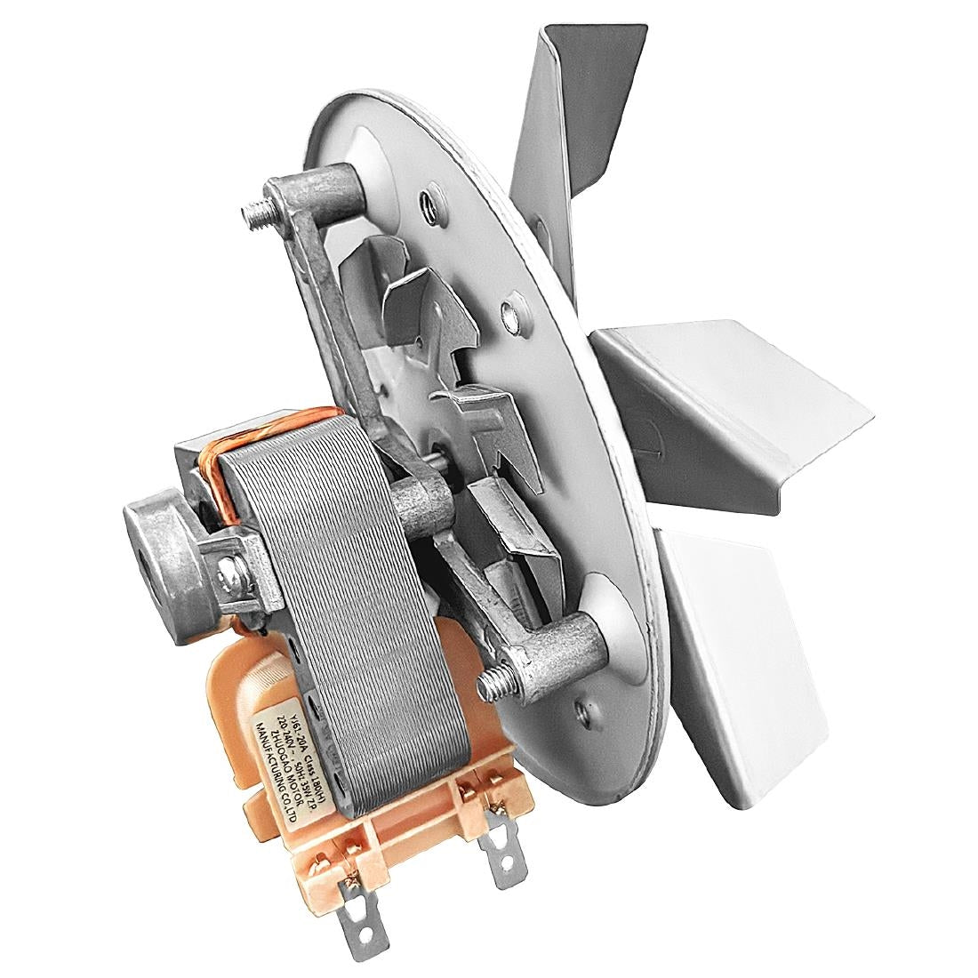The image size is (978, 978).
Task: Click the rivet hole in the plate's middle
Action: pos(509,311)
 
